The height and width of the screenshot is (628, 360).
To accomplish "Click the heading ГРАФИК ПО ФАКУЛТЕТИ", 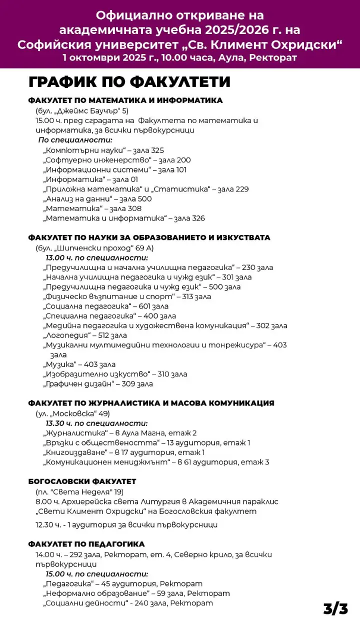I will pyautogui.click(x=129, y=82).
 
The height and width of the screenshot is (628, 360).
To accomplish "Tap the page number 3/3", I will pyautogui.click(x=335, y=608).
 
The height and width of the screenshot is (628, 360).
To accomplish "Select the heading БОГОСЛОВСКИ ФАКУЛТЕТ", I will pyautogui.click(x=82, y=481).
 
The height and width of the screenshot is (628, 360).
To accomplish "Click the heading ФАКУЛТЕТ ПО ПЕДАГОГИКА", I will pyautogui.click(x=86, y=544).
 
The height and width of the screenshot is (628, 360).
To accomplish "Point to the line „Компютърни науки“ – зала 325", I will pyautogui.click(x=103, y=150).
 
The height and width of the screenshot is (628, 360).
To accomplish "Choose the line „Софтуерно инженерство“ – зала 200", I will pyautogui.click(x=117, y=160).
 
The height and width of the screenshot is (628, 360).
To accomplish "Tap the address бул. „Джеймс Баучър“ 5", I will pyautogui.click(x=82, y=111).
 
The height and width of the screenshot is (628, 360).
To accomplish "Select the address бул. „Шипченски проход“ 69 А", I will pyautogui.click(x=94, y=248).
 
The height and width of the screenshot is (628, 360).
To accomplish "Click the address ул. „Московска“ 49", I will pyautogui.click(x=72, y=413).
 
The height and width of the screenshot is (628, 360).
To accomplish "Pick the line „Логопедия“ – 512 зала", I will pyautogui.click(x=85, y=335).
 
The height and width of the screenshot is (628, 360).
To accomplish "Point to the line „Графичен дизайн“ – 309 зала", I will pyautogui.click(x=98, y=384).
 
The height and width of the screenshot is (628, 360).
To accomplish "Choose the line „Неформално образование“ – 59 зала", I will pyautogui.click(x=136, y=593).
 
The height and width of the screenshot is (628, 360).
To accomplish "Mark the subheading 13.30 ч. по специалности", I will pyautogui.click(x=97, y=423).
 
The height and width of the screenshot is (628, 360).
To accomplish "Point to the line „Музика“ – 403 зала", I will pyautogui.click(x=79, y=364).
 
